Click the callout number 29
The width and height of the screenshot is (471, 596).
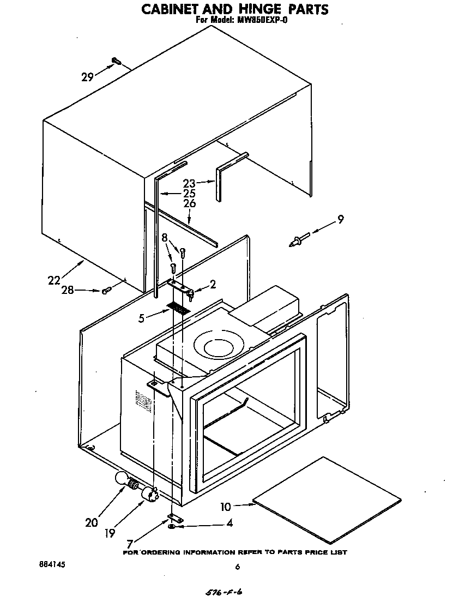point(87,77)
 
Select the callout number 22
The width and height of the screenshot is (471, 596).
point(54,280)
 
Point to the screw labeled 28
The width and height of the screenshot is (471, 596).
point(106,291)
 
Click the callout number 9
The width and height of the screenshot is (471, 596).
point(340,220)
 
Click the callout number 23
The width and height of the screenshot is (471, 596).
point(189,184)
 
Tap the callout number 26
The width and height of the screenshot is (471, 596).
point(189,203)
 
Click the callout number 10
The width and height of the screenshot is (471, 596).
point(226,507)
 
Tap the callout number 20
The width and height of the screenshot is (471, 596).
point(92,522)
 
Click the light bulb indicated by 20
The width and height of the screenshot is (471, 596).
point(123,479)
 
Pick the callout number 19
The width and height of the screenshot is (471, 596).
point(110,533)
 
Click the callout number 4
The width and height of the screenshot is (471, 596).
point(230,523)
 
